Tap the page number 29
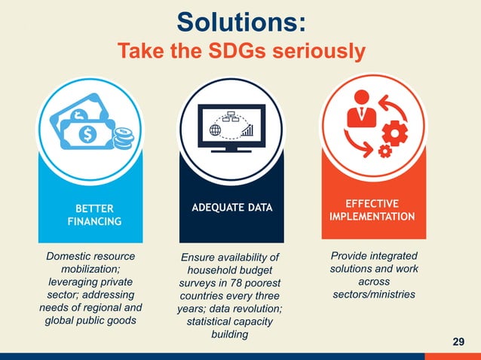[x=458, y=343]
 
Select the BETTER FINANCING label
[x=90, y=215]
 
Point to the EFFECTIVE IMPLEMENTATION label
[x=372, y=210]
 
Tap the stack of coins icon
[x=121, y=139]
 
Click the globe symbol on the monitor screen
[x=215, y=130]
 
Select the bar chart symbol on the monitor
[x=249, y=131]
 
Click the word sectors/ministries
[x=374, y=294]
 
